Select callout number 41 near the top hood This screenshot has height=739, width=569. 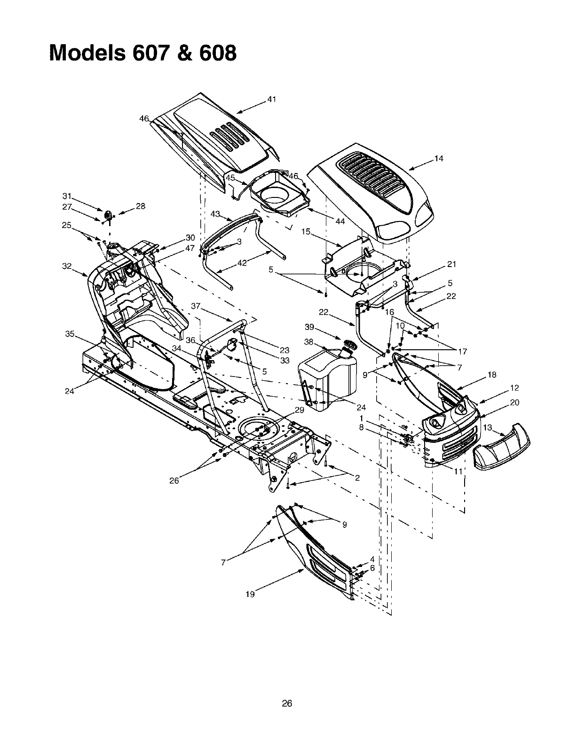click(271, 99)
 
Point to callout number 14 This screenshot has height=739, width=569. click(439, 158)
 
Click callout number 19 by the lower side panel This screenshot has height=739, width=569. click(250, 594)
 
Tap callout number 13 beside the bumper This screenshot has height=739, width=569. click(488, 427)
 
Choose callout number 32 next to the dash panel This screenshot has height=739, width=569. click(67, 266)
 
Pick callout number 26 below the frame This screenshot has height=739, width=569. click(174, 481)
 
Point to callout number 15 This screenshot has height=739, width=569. click(306, 231)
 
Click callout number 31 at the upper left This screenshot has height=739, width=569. click(66, 196)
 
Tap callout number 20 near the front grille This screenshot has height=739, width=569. click(514, 402)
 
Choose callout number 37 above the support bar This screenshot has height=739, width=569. click(196, 306)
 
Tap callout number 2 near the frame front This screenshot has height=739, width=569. click(357, 478)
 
